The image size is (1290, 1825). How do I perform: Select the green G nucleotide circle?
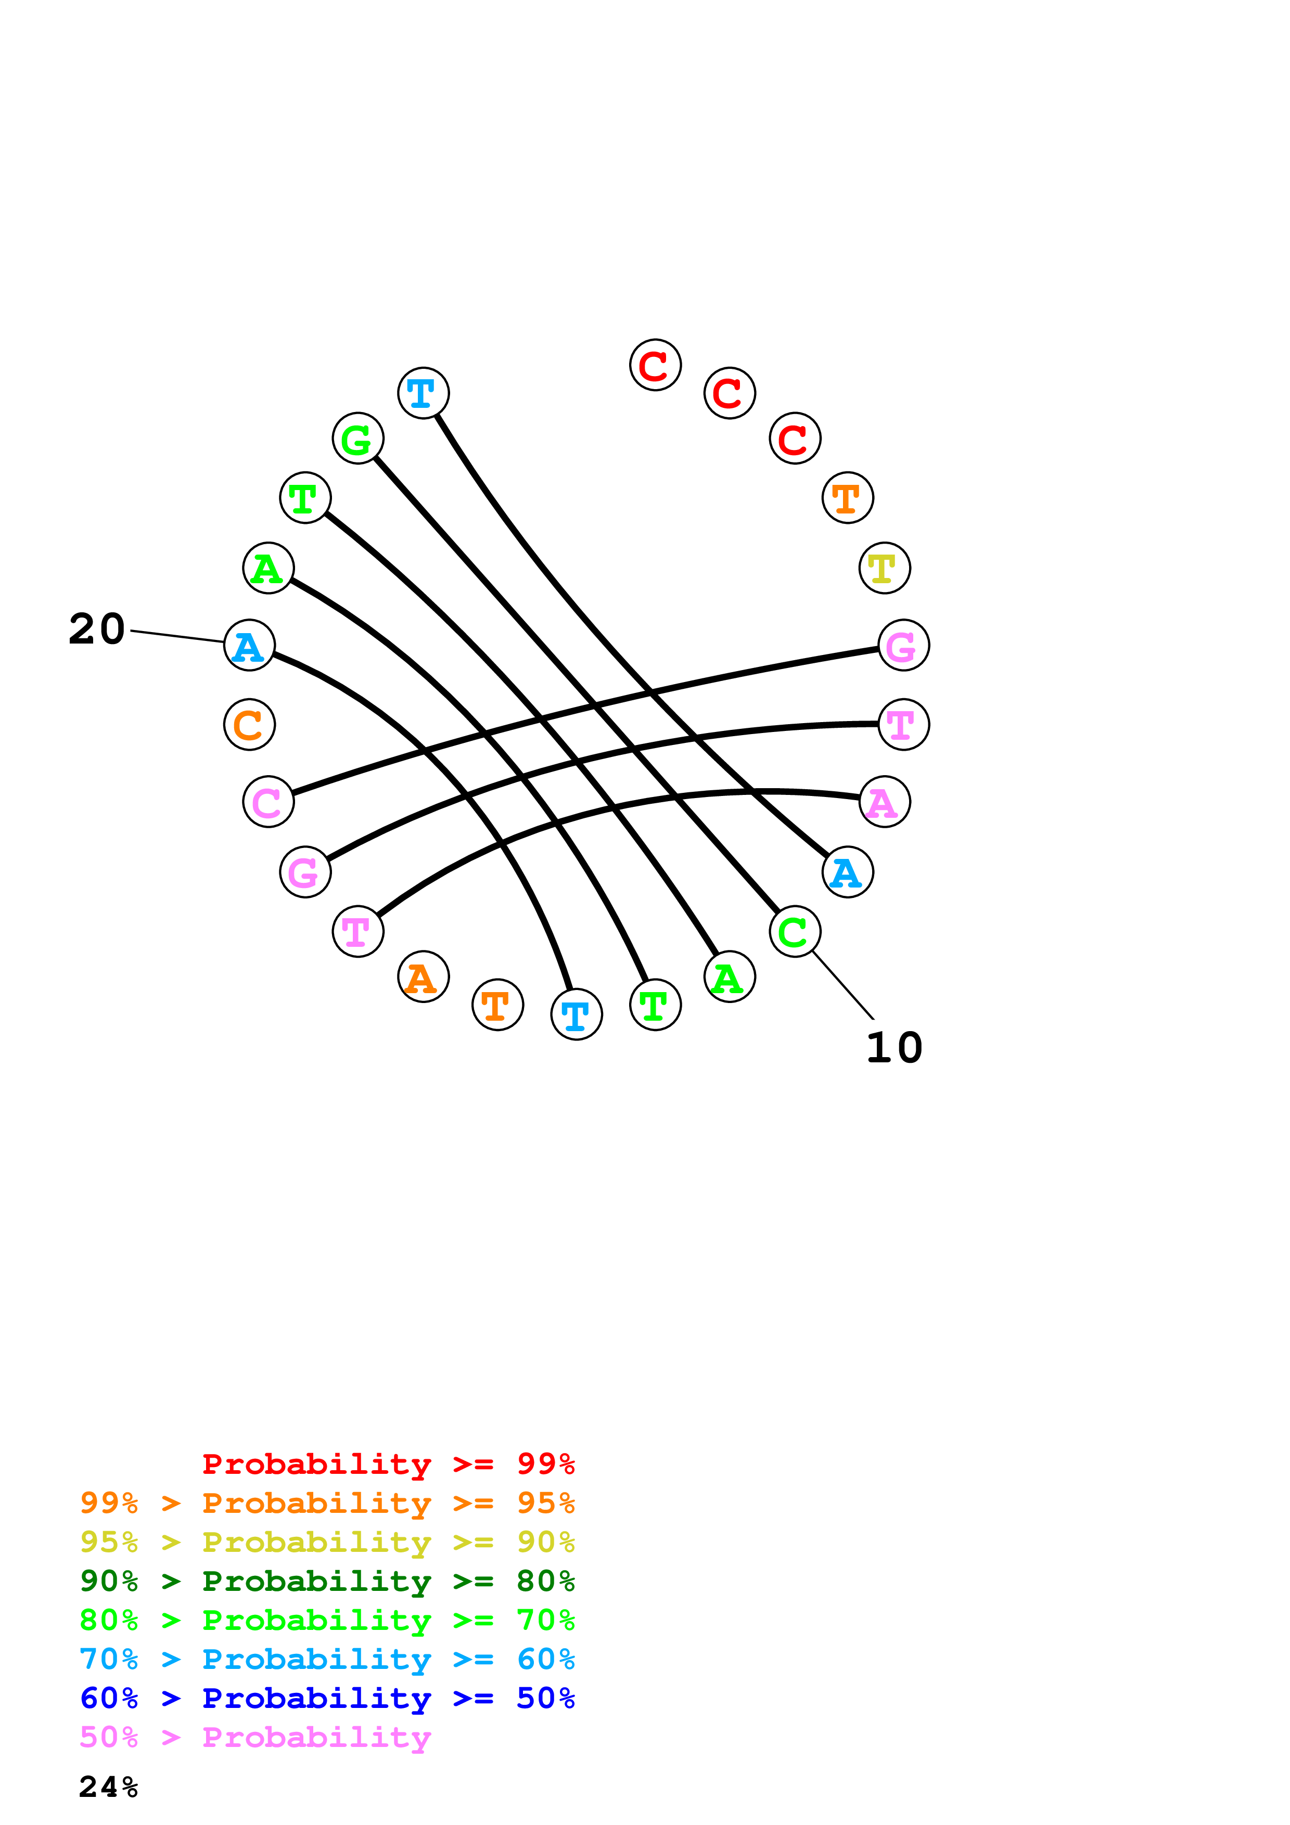pyautogui.click(x=357, y=439)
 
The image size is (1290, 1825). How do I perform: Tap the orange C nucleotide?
pyautogui.click(x=250, y=725)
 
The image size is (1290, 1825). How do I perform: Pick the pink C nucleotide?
pyautogui.click(x=269, y=802)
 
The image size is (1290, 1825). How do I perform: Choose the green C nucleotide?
pyautogui.click(x=795, y=932)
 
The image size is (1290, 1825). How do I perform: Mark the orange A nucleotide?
pyautogui.click(x=423, y=977)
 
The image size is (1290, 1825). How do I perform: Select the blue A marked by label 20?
pyautogui.click(x=250, y=646)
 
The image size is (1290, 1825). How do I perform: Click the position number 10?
pyautogui.click(x=894, y=1048)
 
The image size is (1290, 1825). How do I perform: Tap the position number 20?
pyautogui.click(x=97, y=629)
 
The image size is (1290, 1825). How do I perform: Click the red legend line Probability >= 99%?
pyautogui.click(x=388, y=1464)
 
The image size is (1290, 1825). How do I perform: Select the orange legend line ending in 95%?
pyautogui.click(x=327, y=1503)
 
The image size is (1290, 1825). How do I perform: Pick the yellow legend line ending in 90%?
pyautogui.click(x=327, y=1542)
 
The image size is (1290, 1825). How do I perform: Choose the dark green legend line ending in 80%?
pyautogui.click(x=327, y=1581)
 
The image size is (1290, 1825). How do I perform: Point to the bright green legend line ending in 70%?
pyautogui.click(x=327, y=1620)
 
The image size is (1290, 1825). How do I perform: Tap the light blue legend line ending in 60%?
pyautogui.click(x=327, y=1659)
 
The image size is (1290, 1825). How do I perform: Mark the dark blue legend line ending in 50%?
pyautogui.click(x=327, y=1698)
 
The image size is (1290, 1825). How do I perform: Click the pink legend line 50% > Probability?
pyautogui.click(x=255, y=1737)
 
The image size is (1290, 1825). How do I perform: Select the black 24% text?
pyautogui.click(x=109, y=1787)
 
